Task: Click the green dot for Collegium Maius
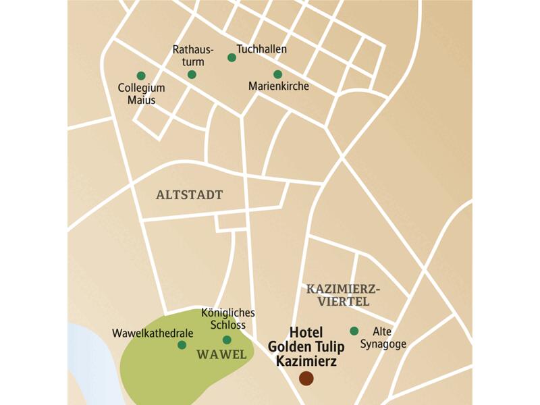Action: (141, 76)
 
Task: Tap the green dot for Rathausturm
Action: (192, 74)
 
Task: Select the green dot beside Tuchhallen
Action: (232, 58)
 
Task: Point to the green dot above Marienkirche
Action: (277, 74)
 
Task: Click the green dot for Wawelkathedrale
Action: (182, 345)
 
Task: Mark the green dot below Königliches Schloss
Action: (227, 340)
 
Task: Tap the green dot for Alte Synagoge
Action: (354, 331)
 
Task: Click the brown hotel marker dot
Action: (306, 379)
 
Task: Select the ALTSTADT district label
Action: (189, 195)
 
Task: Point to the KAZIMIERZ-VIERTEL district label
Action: (339, 295)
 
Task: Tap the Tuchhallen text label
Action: (262, 50)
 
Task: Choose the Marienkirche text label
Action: (279, 86)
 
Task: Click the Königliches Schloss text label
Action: (227, 319)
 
